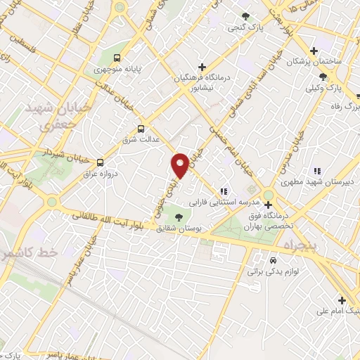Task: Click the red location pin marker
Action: click(180, 165)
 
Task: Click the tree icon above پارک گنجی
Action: click(245, 16)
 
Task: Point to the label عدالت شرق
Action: click(142, 140)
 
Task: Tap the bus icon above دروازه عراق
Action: click(100, 162)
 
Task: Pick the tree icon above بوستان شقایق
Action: click(178, 217)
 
